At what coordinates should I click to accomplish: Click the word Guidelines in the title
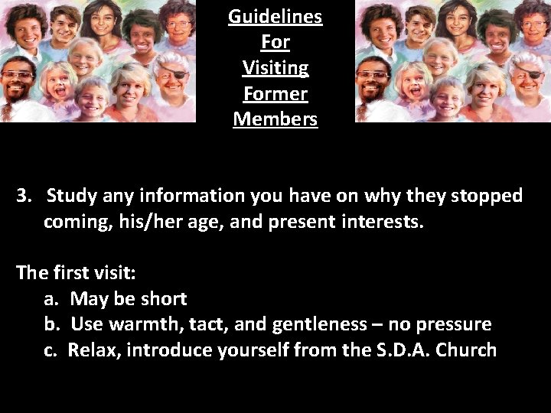point(275,17)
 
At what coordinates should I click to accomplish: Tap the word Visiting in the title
point(275,68)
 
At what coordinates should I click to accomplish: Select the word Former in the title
point(275,94)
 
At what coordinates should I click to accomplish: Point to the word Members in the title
point(275,120)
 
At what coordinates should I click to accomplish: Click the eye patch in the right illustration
point(538,76)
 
